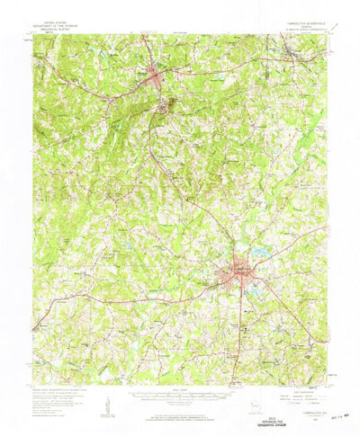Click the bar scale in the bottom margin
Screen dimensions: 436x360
pos(180,392)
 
